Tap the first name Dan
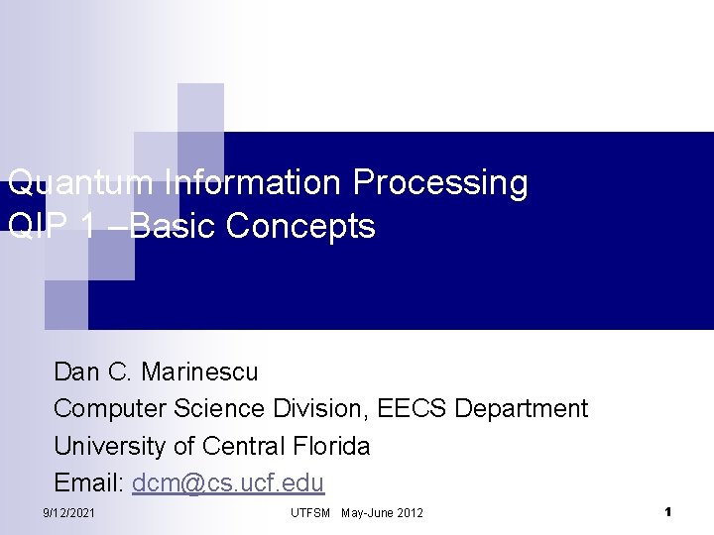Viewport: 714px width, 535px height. (76, 373)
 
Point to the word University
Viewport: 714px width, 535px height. (109, 446)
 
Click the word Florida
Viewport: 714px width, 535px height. (331, 446)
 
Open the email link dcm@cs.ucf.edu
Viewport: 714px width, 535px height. (228, 482)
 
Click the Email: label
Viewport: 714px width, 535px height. (88, 482)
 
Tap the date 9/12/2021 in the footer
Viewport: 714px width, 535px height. (69, 512)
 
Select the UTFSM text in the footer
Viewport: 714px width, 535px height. (310, 512)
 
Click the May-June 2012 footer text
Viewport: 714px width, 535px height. (382, 512)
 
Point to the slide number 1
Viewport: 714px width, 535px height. (668, 512)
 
